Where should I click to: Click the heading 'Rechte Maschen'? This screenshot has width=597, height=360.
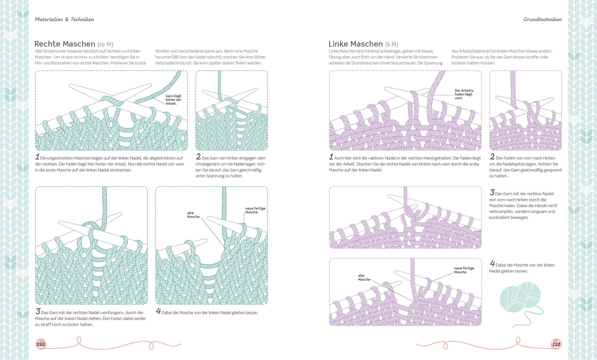[65, 44]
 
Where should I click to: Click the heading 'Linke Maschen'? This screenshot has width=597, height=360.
[356, 44]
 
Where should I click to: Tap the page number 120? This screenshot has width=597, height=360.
[41, 344]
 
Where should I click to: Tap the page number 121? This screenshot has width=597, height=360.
[556, 344]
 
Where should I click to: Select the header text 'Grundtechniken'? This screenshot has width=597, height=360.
[542, 19]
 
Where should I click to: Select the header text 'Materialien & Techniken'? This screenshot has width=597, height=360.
[64, 19]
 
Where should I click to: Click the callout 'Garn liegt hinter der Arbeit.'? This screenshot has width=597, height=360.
[173, 100]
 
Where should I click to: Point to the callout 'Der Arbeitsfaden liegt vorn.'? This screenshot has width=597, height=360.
[464, 94]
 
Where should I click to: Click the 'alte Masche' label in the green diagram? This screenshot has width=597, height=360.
[193, 215]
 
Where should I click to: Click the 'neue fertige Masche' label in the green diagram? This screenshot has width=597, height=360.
[255, 210]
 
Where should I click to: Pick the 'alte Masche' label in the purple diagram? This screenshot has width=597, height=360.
[364, 278]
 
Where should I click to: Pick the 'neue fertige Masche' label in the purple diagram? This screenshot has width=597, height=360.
[464, 270]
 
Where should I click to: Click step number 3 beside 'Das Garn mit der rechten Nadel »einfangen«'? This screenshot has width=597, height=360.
[38, 311]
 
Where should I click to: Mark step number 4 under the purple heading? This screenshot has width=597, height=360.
[492, 264]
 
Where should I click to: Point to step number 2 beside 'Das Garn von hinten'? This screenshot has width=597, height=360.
[198, 157]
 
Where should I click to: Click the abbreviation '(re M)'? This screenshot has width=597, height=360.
[105, 44]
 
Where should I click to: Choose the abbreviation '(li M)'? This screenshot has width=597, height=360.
[392, 44]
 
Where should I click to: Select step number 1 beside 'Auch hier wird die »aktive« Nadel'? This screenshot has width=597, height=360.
[331, 157]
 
